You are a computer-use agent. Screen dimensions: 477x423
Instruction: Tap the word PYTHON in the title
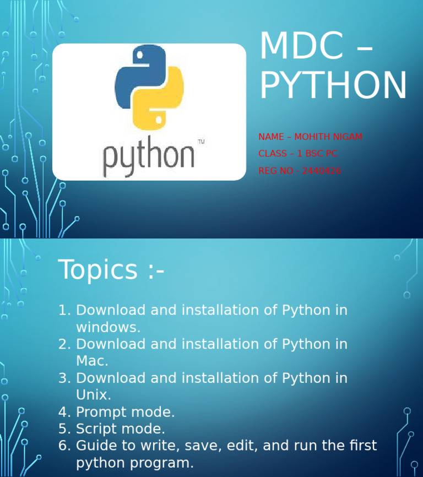pyautogui.click(x=333, y=85)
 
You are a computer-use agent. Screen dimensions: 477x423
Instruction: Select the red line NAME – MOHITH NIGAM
pyautogui.click(x=310, y=137)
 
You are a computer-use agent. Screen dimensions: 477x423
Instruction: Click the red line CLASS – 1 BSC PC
pyautogui.click(x=297, y=154)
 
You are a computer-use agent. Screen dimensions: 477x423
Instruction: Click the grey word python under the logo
pyautogui.click(x=149, y=158)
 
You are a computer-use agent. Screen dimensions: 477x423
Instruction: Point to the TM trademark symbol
pyautogui.click(x=201, y=142)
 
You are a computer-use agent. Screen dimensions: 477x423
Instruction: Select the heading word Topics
pyautogui.click(x=97, y=270)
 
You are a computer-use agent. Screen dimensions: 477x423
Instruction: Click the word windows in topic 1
pyautogui.click(x=108, y=327)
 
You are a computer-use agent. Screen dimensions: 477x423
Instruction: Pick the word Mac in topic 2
pyautogui.click(x=92, y=361)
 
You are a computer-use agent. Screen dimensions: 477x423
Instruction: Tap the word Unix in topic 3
pyautogui.click(x=93, y=395)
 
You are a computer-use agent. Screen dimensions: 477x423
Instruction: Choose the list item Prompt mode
pyautogui.click(x=125, y=412)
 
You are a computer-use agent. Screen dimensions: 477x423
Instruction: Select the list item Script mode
pyautogui.click(x=120, y=429)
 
